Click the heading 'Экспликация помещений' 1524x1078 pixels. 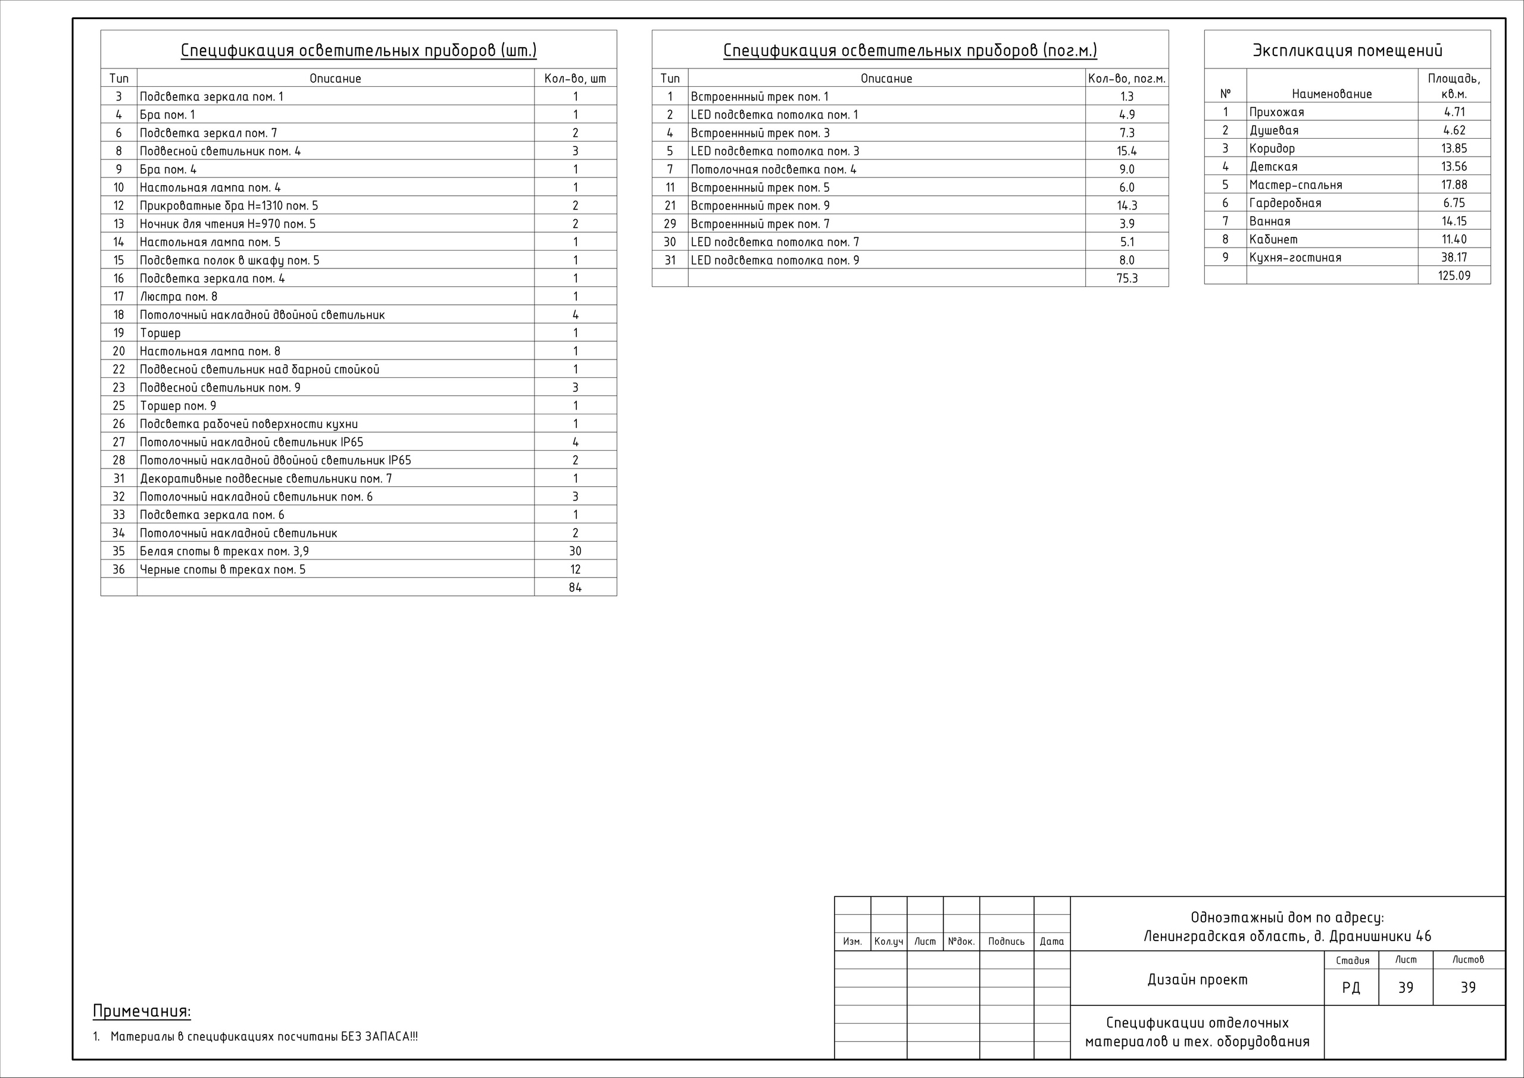[x=1347, y=51]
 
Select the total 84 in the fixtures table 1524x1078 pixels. [x=575, y=588]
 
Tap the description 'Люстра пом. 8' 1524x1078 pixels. [x=179, y=296]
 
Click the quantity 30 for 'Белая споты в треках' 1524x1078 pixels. [x=575, y=551]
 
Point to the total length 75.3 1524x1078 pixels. [x=1126, y=278]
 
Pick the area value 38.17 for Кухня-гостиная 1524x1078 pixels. [x=1454, y=258]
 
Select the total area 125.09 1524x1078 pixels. [x=1454, y=276]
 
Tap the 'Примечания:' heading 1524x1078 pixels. [x=141, y=1011]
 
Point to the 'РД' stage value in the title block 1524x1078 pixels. [x=1351, y=988]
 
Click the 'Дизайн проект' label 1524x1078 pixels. [x=1197, y=979]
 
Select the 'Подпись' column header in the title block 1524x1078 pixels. [x=1006, y=941]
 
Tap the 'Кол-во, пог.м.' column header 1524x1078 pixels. [x=1126, y=79]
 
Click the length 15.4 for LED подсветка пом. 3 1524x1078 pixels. [x=1126, y=151]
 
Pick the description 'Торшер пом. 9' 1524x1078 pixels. [x=178, y=405]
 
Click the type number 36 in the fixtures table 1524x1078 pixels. [x=119, y=570]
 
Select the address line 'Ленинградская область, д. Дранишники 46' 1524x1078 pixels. [x=1287, y=936]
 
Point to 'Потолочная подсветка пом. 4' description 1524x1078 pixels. [x=773, y=169]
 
